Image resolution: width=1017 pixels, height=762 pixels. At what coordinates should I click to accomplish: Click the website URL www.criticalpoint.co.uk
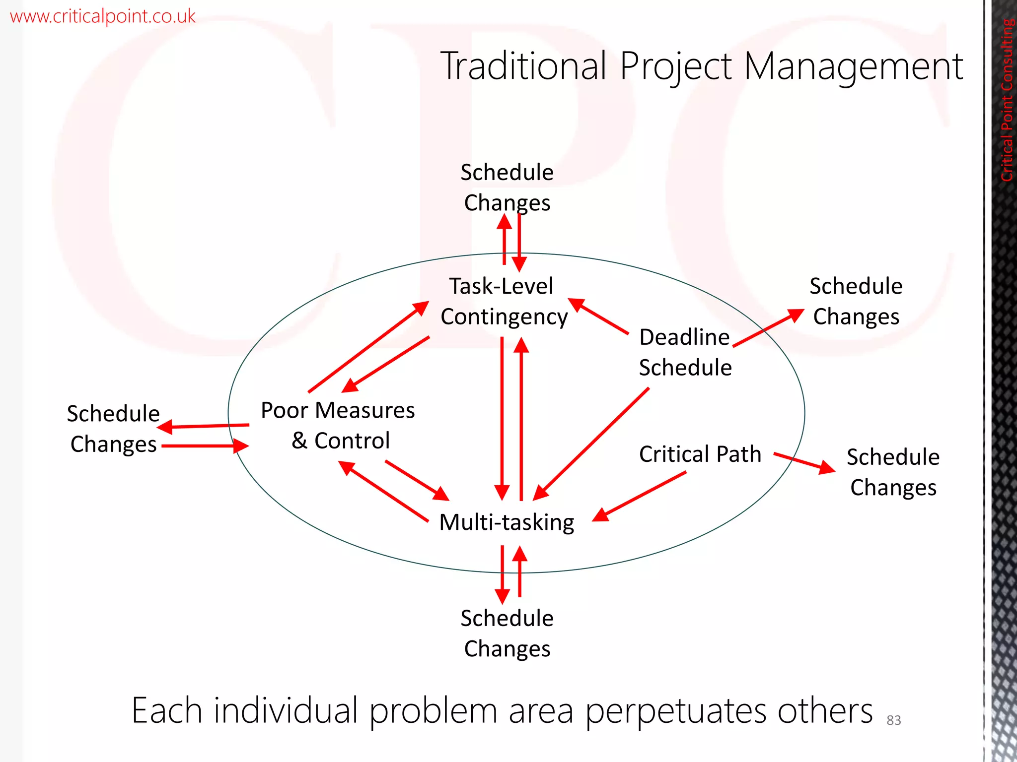[x=102, y=16]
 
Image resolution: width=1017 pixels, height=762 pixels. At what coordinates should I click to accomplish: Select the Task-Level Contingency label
[x=503, y=301]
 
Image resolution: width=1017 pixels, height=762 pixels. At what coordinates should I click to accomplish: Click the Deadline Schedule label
[x=685, y=352]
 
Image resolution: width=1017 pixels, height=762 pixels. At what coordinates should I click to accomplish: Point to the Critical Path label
[x=700, y=454]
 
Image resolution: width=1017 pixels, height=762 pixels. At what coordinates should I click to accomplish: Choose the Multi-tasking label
[x=507, y=522]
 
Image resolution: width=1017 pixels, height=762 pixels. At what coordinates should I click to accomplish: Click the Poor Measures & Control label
[x=338, y=425]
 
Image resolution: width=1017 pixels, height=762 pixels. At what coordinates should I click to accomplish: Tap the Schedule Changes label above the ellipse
[x=507, y=188]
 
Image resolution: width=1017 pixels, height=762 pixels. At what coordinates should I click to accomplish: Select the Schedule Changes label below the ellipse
[x=507, y=633]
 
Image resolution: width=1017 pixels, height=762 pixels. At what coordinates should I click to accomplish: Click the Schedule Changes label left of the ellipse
[x=114, y=429]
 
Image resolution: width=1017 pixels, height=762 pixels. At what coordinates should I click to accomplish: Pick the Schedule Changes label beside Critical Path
[x=893, y=472]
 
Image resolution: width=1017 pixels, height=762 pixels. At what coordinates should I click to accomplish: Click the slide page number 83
[x=893, y=720]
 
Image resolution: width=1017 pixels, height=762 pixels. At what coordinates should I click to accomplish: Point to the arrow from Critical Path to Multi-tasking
[x=641, y=496]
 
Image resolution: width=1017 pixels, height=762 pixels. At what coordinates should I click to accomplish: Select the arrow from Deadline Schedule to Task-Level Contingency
[x=599, y=316]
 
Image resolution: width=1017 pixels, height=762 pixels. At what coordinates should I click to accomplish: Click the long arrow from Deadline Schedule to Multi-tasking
[x=591, y=444]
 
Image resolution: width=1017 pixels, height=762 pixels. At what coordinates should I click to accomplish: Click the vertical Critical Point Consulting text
[x=1007, y=99]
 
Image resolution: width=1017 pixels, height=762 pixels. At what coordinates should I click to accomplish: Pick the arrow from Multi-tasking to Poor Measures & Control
[x=383, y=491]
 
